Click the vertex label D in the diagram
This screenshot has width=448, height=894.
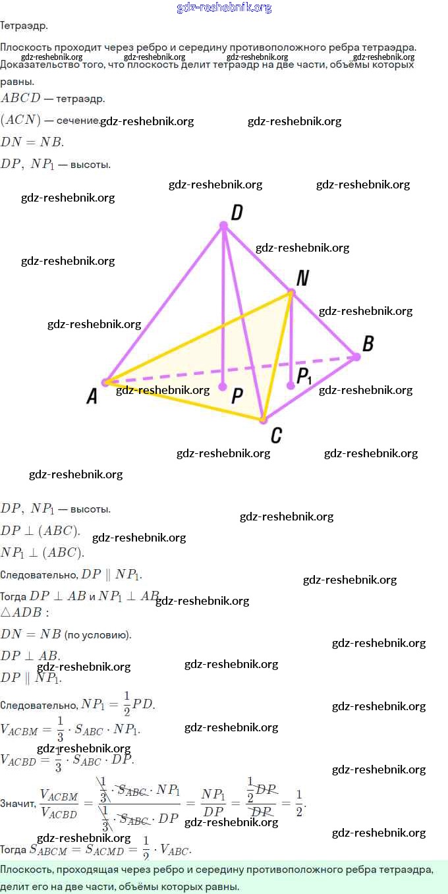coord(237,212)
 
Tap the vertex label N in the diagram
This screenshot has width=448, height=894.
coord(302,278)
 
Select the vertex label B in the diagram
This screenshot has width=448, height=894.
coord(368,343)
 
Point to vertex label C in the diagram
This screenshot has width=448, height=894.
coord(277,435)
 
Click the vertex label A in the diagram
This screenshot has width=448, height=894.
coord(92,395)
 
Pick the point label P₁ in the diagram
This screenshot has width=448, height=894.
coord(304,376)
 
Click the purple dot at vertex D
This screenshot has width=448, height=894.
coord(223,226)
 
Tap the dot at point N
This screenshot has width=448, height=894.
coord(291,292)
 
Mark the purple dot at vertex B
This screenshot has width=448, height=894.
coord(356,357)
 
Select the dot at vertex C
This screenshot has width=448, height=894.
coord(262,419)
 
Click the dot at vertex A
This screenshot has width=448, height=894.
coord(105,382)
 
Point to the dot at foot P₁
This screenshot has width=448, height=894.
coord(291,385)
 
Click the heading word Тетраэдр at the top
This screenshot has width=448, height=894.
coord(24,26)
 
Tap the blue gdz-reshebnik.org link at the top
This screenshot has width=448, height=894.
coord(224,8)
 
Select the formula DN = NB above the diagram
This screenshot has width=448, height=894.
coord(32,142)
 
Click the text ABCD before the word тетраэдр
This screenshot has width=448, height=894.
coord(20,99)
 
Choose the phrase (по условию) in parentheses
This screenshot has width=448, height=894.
coord(98,635)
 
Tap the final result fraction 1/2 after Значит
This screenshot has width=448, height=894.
coord(299,803)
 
